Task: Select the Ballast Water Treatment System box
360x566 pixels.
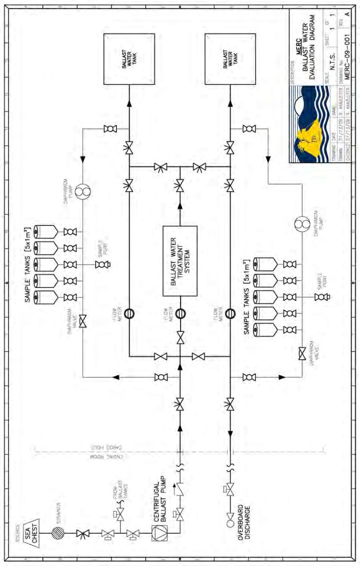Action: coord(180,261)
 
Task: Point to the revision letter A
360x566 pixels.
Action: coord(348,13)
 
